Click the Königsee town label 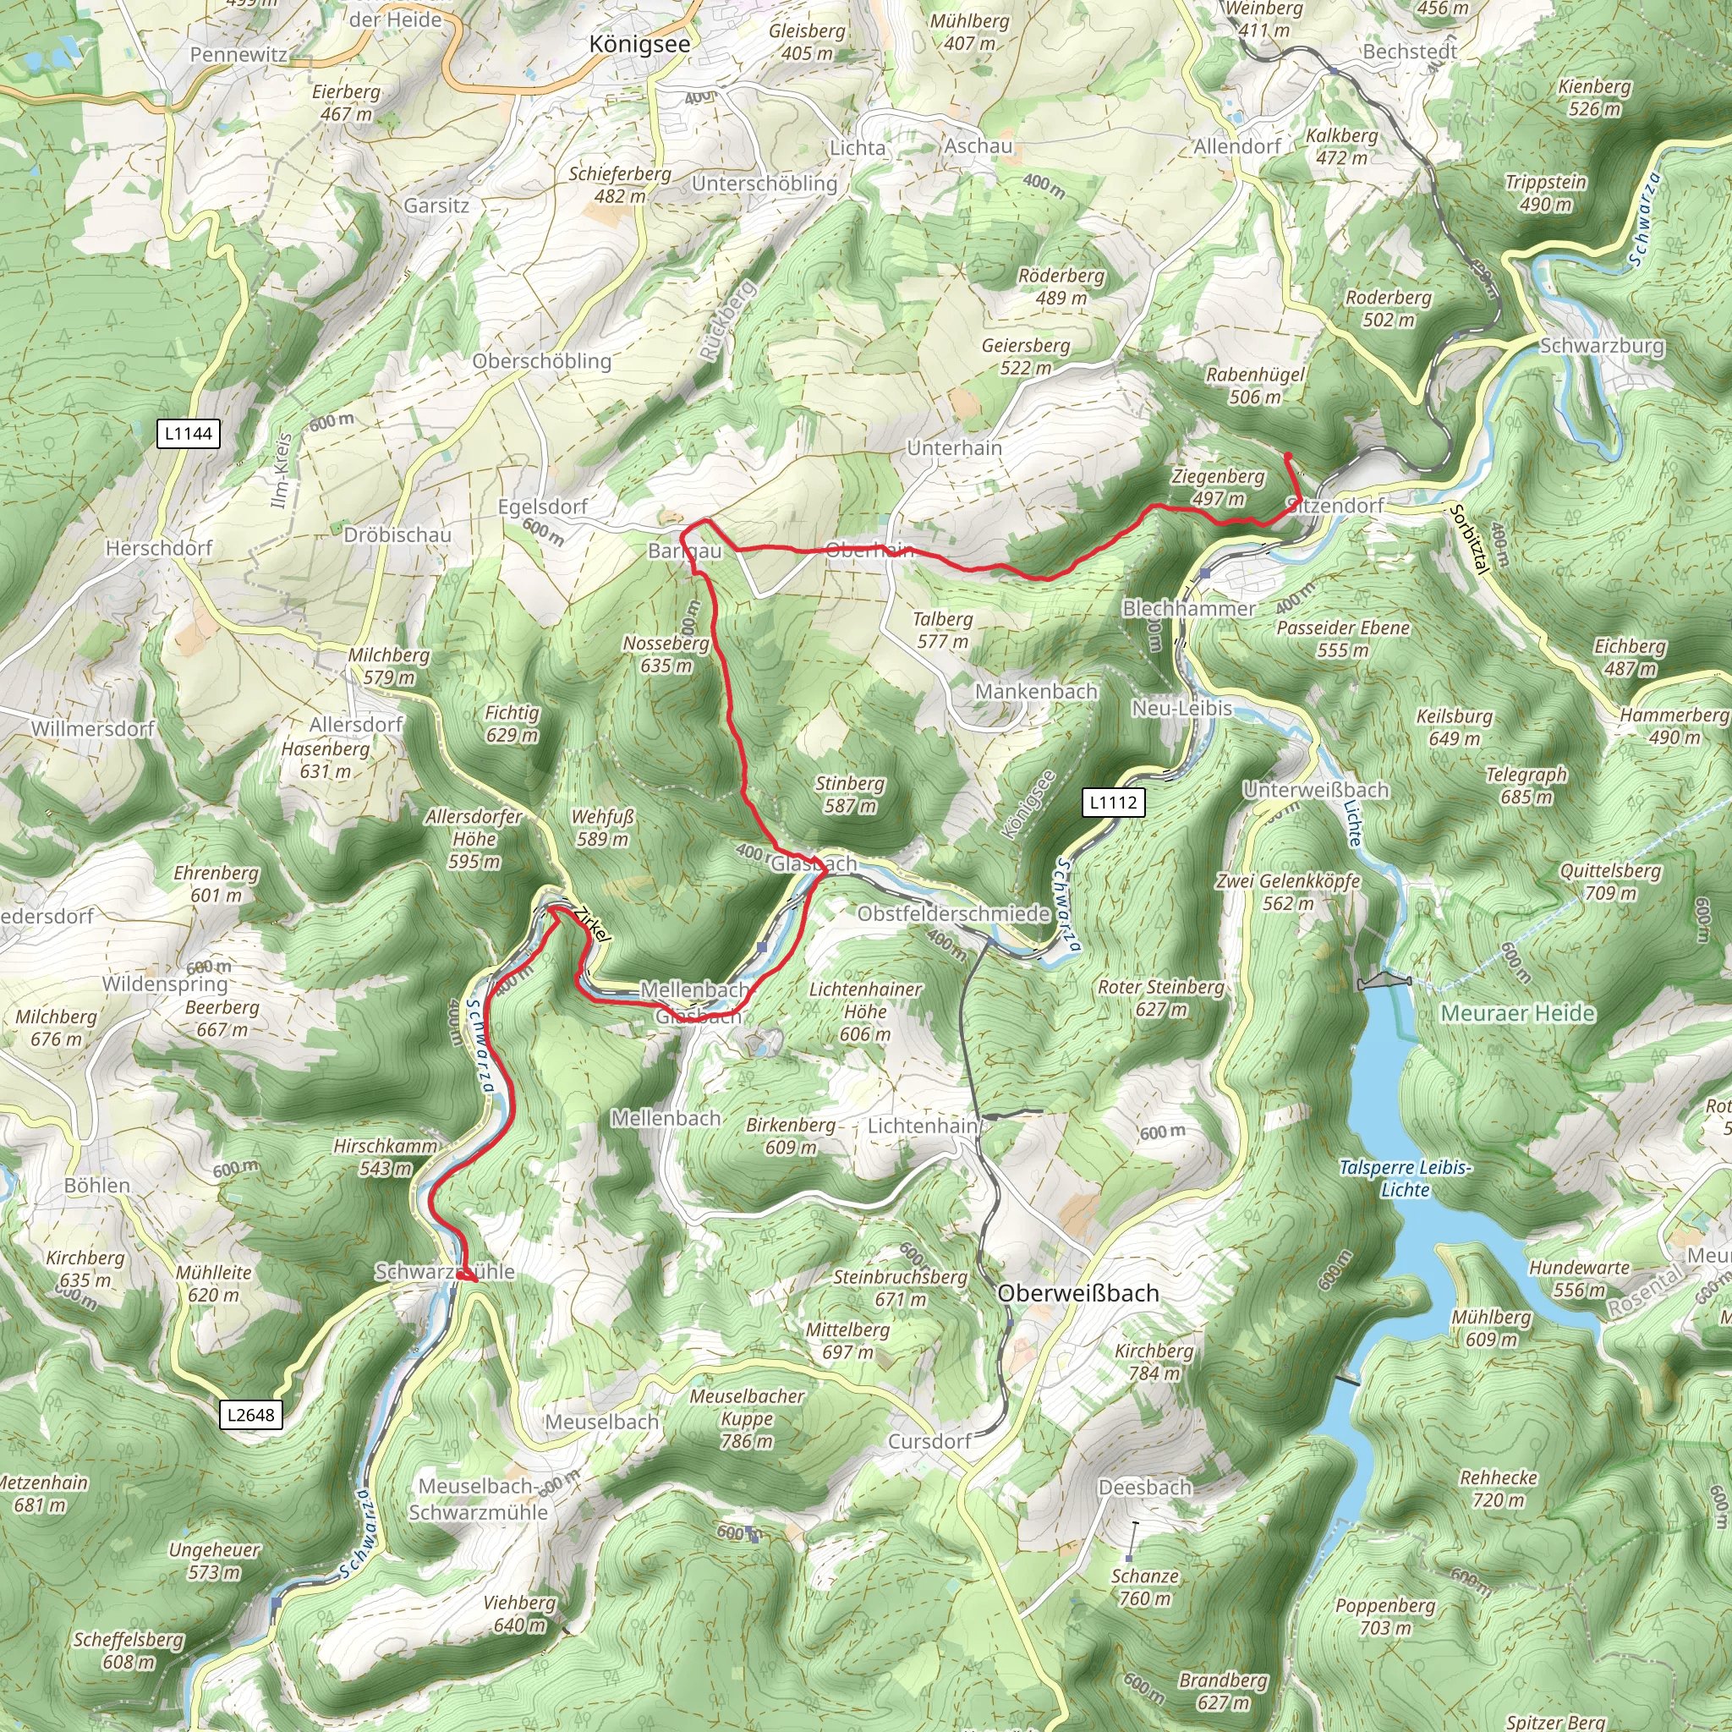[640, 45]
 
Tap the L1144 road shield [189, 434]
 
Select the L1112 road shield [1114, 803]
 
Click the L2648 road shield [251, 1415]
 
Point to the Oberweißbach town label [1077, 1293]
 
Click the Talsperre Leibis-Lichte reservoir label [1405, 1178]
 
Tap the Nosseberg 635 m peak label [666, 654]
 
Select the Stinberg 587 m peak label [849, 793]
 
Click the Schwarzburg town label [1601, 345]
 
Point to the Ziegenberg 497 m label [1218, 487]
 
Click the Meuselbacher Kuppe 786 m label [747, 1418]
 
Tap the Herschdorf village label [159, 548]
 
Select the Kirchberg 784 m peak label [1154, 1361]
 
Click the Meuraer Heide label [1518, 1013]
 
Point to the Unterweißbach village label [1315, 790]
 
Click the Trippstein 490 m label [1544, 193]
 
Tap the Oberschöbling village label [541, 360]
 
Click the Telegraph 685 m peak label [1526, 786]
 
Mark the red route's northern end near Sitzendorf [1287, 457]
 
